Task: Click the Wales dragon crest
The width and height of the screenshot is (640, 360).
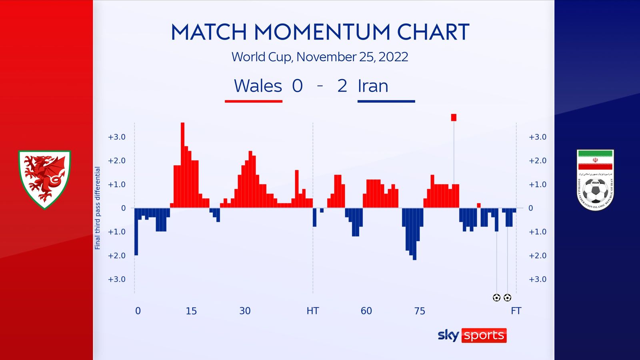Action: click(x=44, y=179)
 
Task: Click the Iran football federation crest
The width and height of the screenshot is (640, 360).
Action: click(x=595, y=180)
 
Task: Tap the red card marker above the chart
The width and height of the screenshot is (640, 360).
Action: click(x=454, y=117)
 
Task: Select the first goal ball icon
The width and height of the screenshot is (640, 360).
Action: click(x=496, y=298)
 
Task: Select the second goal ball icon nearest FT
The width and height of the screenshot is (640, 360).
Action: click(x=507, y=298)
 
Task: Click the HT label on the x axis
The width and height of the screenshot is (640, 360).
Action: click(x=312, y=311)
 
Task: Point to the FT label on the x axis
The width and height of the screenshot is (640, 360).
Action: click(x=516, y=311)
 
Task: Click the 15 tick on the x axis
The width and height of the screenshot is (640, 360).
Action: click(x=191, y=311)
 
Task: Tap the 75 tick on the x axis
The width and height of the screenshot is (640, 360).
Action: click(x=420, y=311)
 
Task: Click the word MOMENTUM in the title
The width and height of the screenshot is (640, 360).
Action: click(x=322, y=32)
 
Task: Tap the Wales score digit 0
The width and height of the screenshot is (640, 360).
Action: click(x=297, y=86)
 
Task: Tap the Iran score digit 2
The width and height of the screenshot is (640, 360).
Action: click(x=342, y=86)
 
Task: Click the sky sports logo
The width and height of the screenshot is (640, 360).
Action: click(x=472, y=335)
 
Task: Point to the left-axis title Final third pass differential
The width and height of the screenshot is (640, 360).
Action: click(x=97, y=208)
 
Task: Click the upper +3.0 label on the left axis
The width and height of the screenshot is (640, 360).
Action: click(x=116, y=137)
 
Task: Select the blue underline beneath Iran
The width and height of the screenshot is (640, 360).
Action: click(x=386, y=102)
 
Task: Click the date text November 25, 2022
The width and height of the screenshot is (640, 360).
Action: click(x=352, y=57)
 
